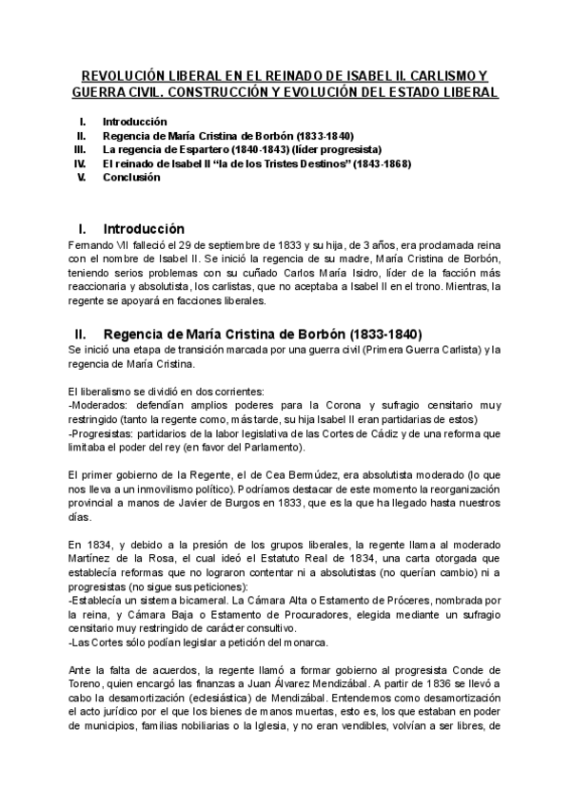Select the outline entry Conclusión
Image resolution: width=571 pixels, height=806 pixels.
point(132,177)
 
